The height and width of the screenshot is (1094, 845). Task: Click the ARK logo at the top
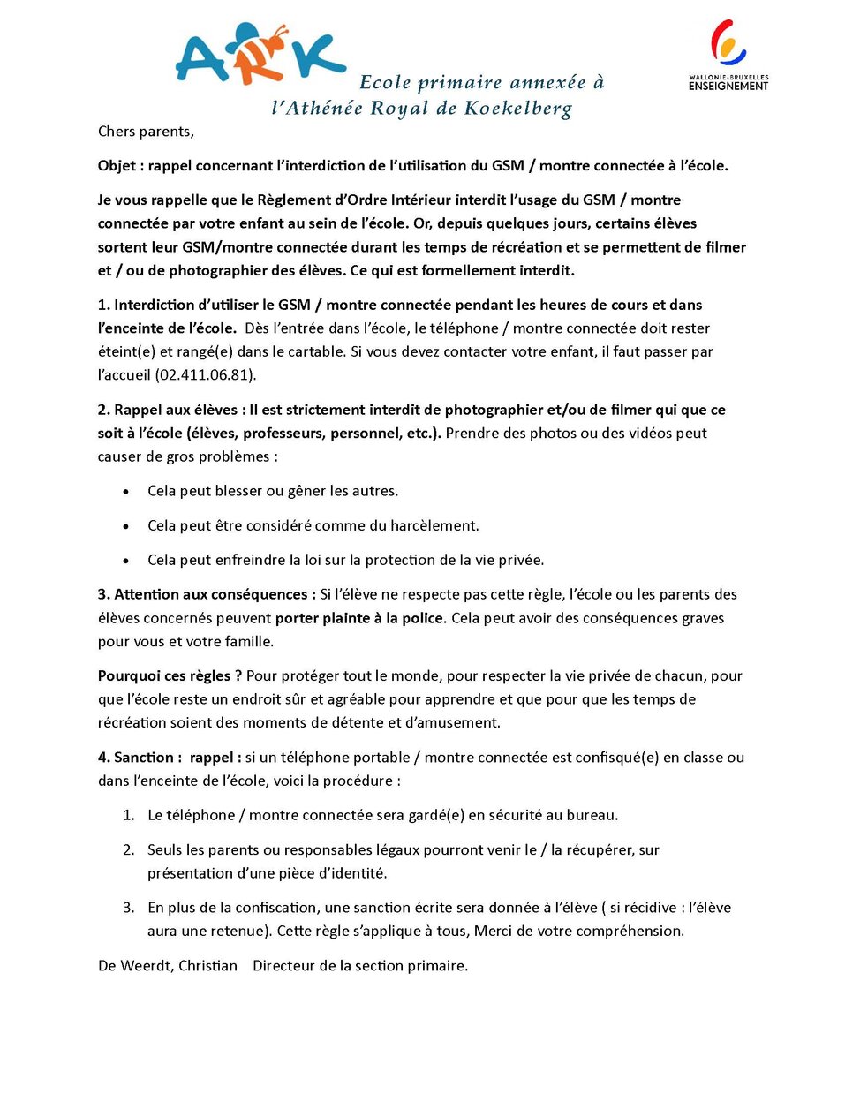(259, 55)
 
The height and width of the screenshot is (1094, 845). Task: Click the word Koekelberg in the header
(518, 109)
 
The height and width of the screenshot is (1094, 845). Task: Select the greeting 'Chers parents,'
(146, 132)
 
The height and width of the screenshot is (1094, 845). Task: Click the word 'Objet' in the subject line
(117, 166)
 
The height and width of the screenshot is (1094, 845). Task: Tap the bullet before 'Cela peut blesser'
(126, 492)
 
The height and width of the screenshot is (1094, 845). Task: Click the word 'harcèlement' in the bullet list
(434, 526)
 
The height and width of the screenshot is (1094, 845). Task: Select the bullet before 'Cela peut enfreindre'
(126, 561)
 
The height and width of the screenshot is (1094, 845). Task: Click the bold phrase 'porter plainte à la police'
(358, 618)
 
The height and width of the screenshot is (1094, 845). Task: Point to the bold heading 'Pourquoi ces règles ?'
(170, 676)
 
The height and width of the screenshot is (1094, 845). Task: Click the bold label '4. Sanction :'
(140, 758)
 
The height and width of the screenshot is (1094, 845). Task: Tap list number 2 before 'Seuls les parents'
(129, 850)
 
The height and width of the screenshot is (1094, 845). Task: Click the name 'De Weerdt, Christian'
(168, 966)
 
